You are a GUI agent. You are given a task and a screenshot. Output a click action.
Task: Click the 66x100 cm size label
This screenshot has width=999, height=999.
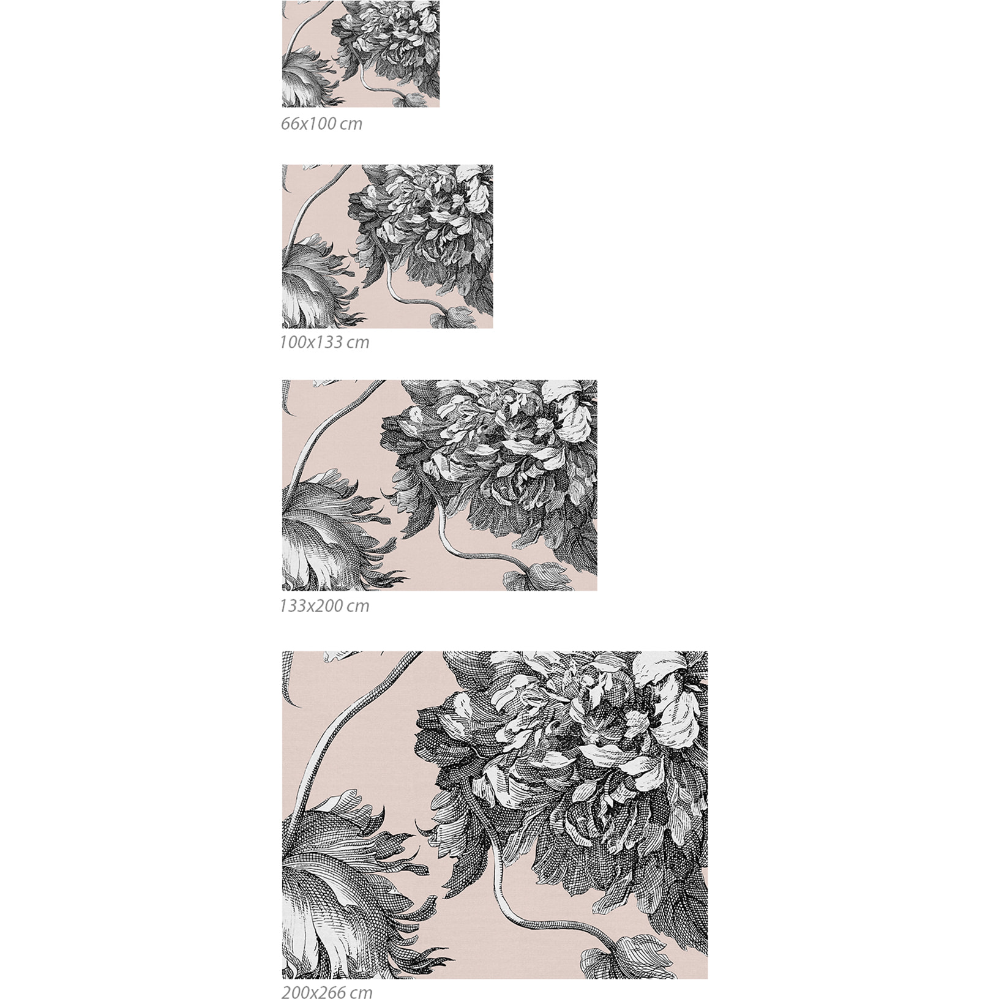321,124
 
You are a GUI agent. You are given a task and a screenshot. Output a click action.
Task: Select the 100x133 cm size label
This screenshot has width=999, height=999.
324,342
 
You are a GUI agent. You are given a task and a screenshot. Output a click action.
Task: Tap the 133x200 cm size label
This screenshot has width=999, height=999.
324,606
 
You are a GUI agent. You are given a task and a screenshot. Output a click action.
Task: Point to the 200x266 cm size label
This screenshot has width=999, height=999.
327,992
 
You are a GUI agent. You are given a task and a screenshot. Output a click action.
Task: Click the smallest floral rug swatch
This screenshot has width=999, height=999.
361,54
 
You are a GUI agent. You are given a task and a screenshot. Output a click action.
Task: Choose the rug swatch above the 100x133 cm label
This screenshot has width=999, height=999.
387,246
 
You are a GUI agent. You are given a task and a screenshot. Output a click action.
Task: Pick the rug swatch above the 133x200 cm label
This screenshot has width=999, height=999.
440,485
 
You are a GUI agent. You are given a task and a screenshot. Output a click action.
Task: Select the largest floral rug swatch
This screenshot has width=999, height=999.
495,815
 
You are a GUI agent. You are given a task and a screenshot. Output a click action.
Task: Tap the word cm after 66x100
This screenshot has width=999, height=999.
351,124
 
